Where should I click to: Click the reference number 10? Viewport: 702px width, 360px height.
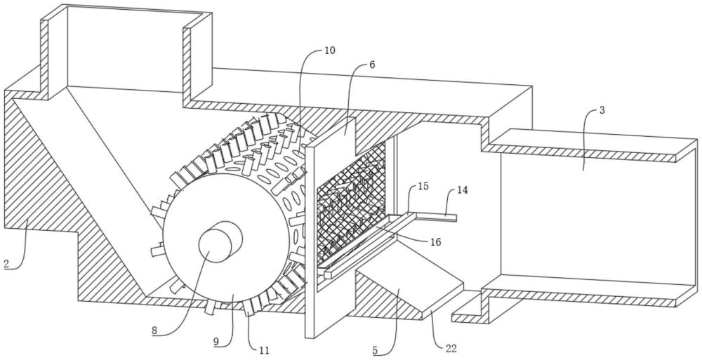329,50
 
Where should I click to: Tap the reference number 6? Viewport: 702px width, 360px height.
373,65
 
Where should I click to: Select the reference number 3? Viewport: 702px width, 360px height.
602,110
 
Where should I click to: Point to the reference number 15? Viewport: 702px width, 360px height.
423,186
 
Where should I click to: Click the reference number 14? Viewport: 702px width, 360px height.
463,190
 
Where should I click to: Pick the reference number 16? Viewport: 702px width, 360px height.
435,242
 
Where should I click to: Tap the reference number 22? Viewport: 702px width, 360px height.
451,348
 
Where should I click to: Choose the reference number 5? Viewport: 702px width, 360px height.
375,350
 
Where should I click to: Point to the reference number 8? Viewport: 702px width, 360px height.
154,331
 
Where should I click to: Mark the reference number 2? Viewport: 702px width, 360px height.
6,264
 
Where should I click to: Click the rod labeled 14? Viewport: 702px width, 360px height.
435,217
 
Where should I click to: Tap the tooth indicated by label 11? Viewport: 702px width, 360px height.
248,309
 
